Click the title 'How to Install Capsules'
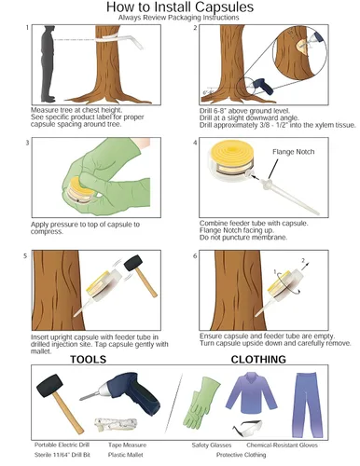point(180,7)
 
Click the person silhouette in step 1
point(48,63)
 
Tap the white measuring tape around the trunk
point(119,40)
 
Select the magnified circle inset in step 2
point(299,52)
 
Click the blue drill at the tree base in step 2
point(263,86)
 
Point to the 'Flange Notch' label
point(293,152)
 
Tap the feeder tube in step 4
point(289,197)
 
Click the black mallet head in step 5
point(133,263)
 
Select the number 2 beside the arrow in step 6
point(303,260)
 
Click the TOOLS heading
point(89,360)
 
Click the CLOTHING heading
point(258,360)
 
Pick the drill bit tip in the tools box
point(81,398)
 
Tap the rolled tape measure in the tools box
point(116,424)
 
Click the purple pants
point(307,404)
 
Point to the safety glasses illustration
point(247,427)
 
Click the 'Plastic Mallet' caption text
point(126,455)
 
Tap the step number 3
point(27,143)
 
